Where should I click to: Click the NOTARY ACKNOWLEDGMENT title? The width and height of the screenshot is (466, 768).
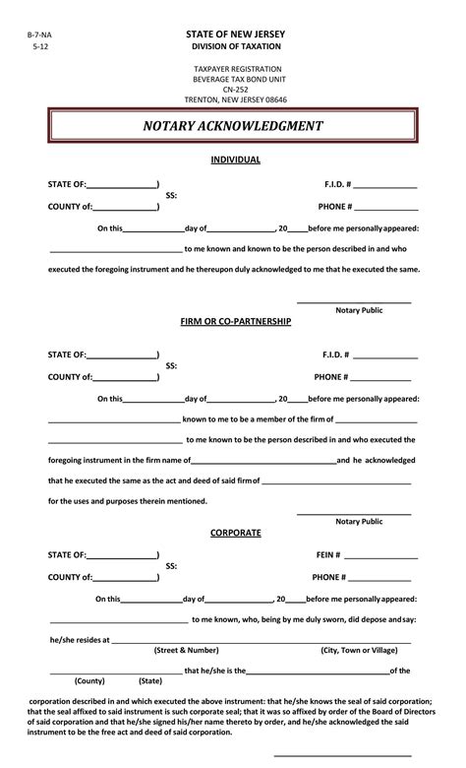(233, 126)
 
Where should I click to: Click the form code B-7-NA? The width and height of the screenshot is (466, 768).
(39, 34)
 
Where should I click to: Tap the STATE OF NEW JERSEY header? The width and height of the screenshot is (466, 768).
(233, 33)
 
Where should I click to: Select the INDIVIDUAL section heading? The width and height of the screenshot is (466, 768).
(234, 159)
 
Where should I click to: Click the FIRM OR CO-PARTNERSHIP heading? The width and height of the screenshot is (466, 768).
(235, 322)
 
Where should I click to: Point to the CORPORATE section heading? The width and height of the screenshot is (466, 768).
(235, 533)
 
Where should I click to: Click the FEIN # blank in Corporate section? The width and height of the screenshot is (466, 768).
(380, 555)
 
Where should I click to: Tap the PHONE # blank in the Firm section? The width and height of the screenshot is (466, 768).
(380, 376)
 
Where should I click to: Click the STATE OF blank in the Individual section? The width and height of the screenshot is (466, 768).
(122, 184)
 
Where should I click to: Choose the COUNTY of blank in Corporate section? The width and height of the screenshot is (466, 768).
(125, 577)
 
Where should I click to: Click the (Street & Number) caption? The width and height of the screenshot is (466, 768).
(186, 650)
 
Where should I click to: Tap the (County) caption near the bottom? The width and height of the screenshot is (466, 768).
(89, 680)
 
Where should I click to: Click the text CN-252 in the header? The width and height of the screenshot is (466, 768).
(234, 89)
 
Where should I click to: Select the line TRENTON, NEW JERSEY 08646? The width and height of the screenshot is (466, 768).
(234, 99)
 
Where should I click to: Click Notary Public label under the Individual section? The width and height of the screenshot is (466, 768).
(359, 310)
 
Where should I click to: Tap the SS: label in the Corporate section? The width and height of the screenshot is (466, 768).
(171, 566)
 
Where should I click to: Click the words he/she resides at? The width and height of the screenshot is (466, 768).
(79, 639)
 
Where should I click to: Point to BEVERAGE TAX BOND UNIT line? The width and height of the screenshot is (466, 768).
(234, 78)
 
